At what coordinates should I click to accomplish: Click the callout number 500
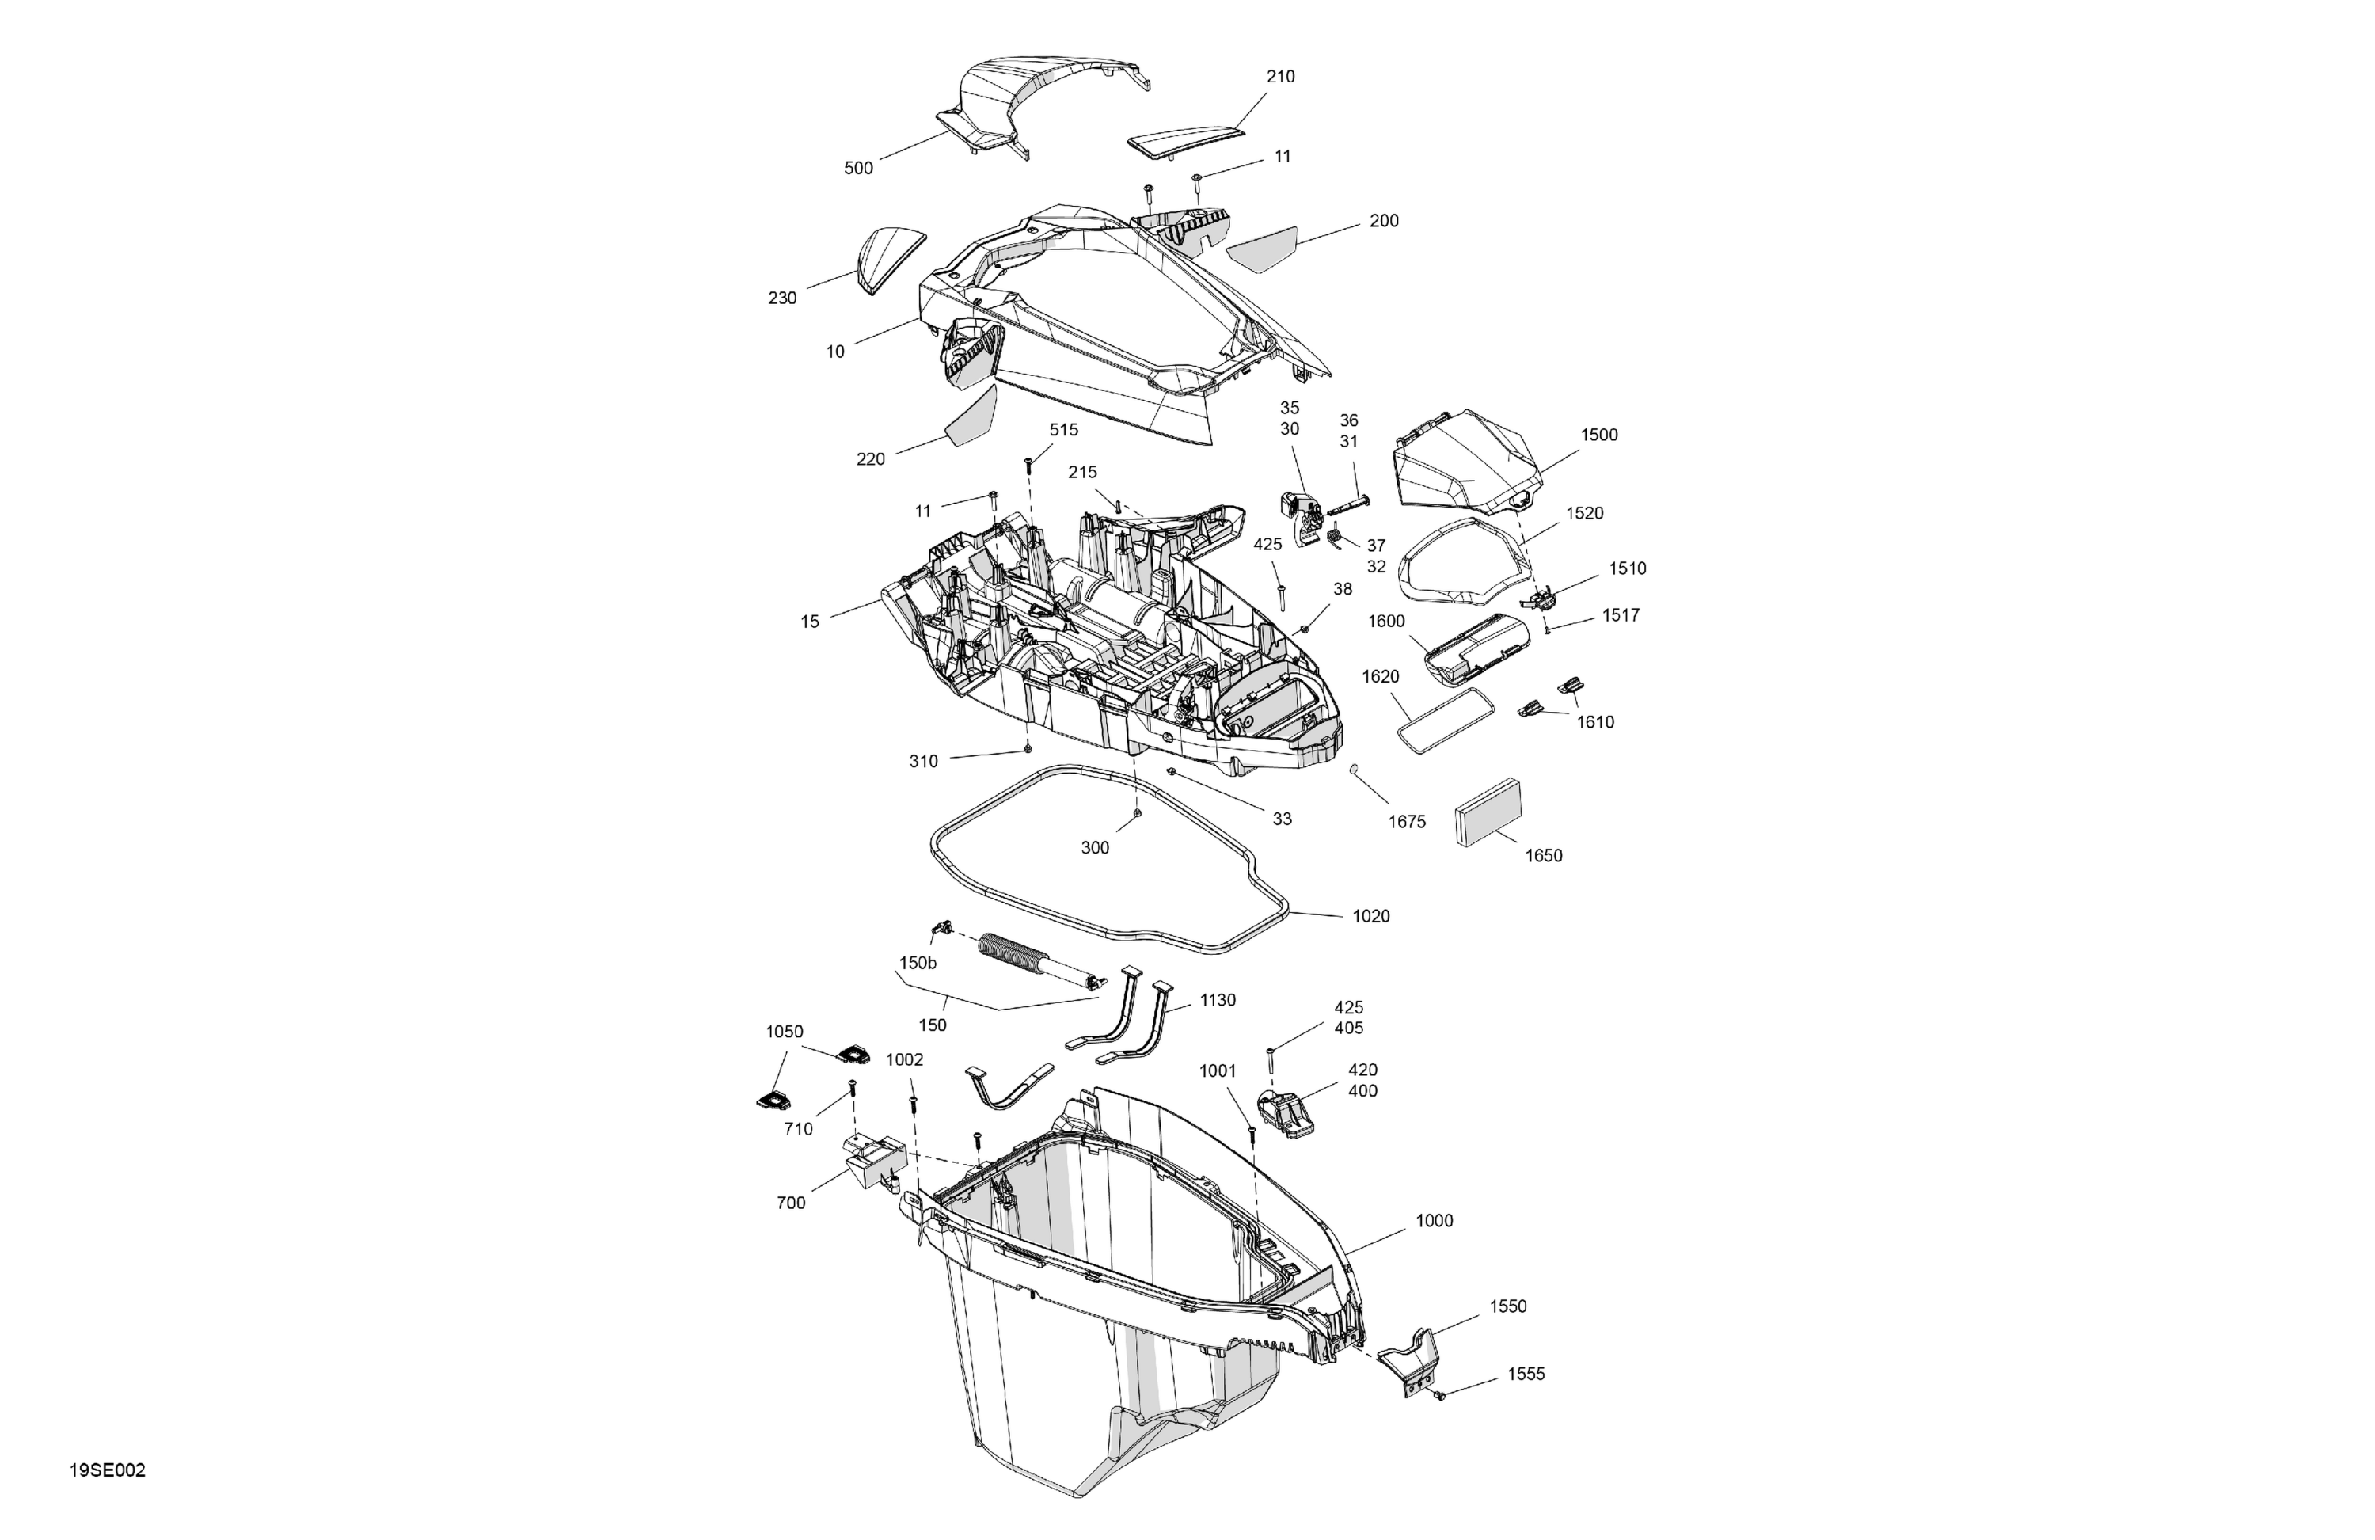[858, 169]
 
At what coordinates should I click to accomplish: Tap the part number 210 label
[1280, 77]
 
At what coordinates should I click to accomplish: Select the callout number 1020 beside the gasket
[1370, 916]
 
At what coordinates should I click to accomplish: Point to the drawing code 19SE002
[108, 1470]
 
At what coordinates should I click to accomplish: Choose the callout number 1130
[1218, 1000]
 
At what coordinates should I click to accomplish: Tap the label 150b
[918, 963]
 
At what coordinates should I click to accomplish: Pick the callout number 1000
[1434, 1221]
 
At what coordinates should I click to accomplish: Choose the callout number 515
[1064, 430]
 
